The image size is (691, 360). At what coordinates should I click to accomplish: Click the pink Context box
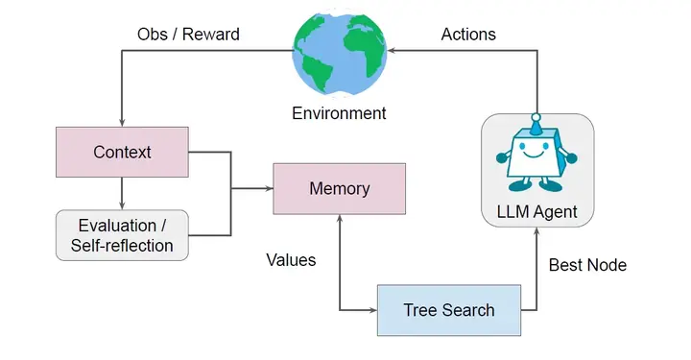click(x=122, y=153)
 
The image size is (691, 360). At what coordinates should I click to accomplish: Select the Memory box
click(x=340, y=188)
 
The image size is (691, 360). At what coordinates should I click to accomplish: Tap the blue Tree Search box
click(x=449, y=310)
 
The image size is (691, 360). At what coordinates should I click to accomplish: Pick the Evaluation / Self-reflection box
click(x=122, y=235)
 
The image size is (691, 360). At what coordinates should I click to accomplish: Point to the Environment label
click(x=339, y=113)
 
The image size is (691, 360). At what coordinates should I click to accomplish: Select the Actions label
click(x=468, y=35)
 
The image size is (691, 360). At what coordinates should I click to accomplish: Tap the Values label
click(x=292, y=259)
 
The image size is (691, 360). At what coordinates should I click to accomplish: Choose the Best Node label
click(x=587, y=265)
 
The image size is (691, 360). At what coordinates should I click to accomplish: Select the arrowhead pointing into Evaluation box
click(x=122, y=204)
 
